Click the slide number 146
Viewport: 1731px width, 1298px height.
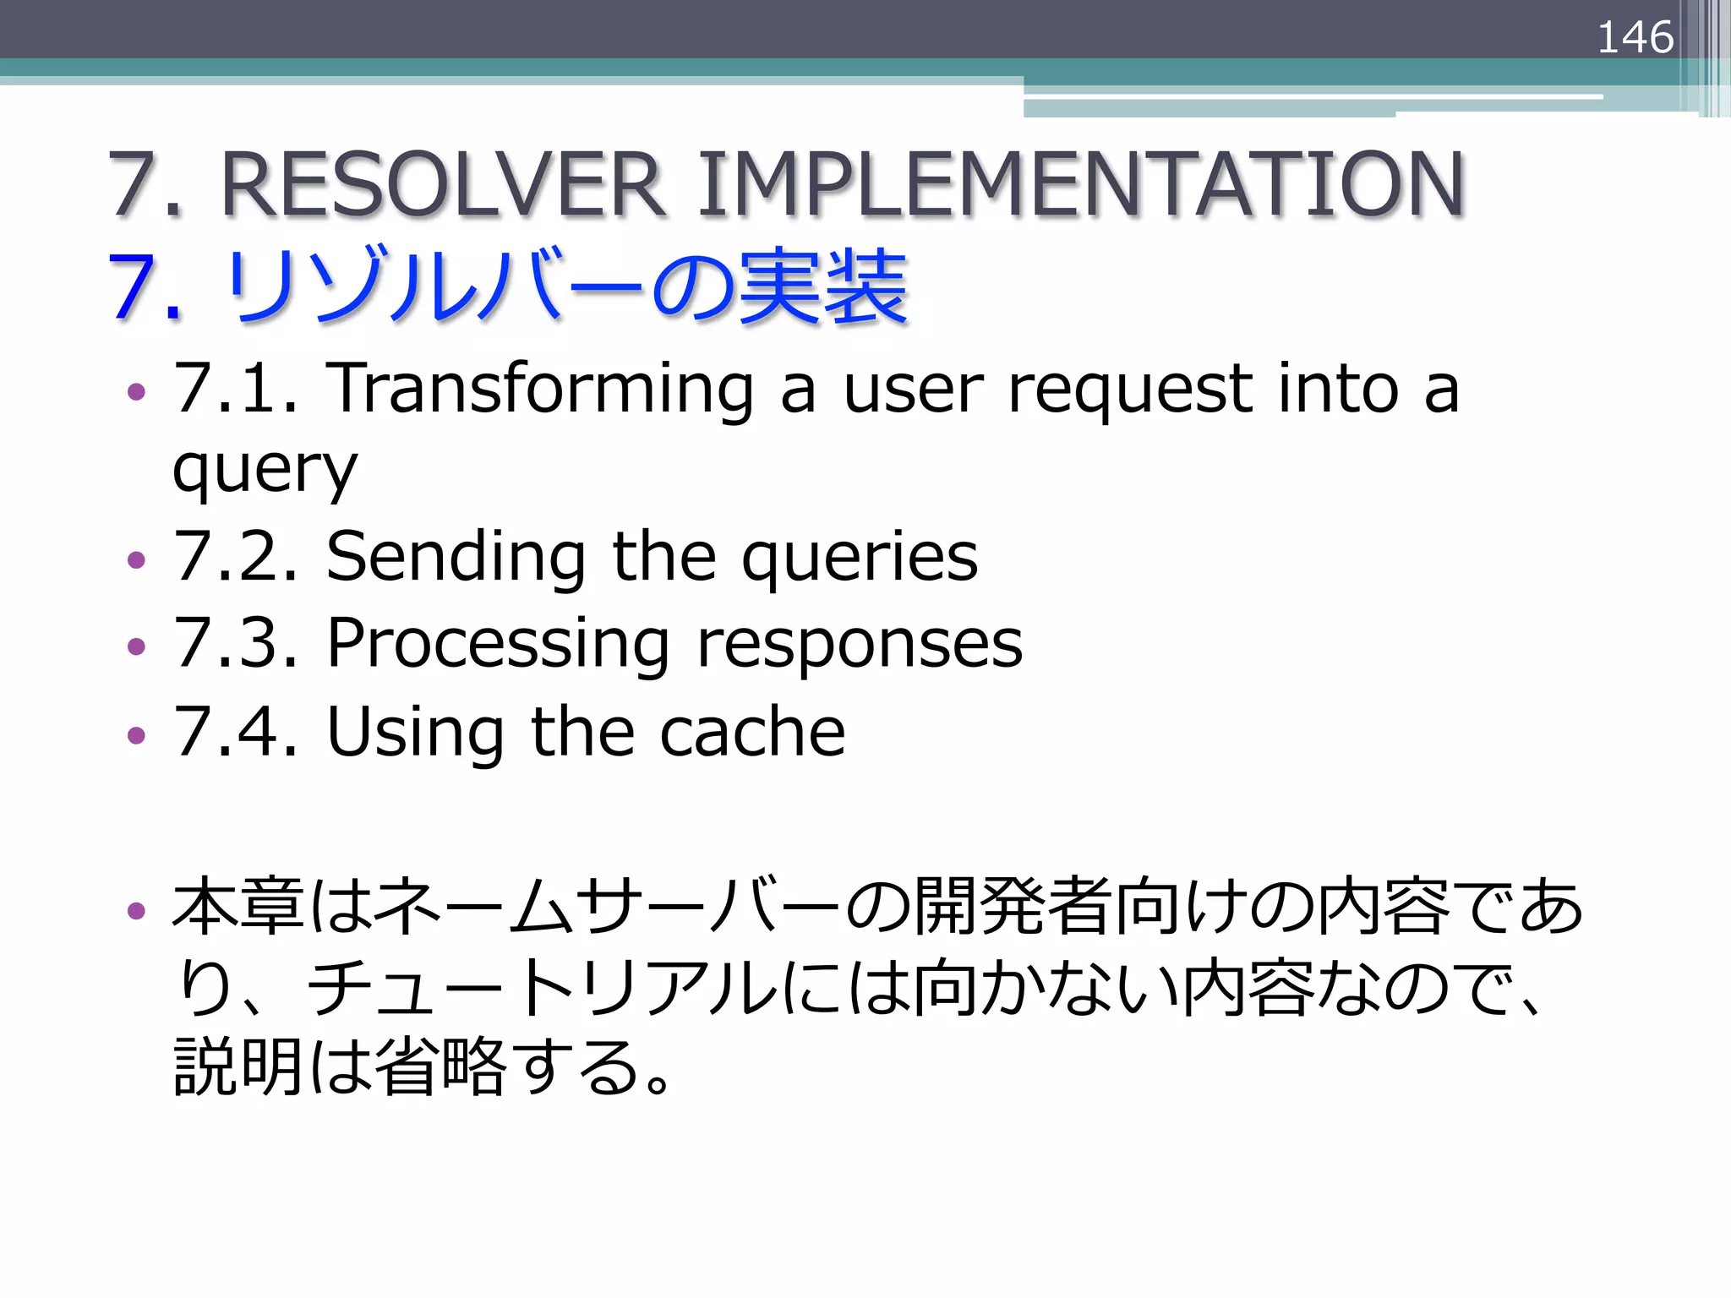click(x=1635, y=38)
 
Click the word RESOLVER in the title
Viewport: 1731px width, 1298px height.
click(x=441, y=184)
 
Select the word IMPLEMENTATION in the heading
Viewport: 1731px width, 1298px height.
click(x=1080, y=184)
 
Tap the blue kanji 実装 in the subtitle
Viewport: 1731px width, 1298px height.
click(x=823, y=287)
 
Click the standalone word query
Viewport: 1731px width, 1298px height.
click(x=265, y=470)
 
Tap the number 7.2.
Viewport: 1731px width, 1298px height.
click(x=236, y=557)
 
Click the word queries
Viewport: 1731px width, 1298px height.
click(x=860, y=557)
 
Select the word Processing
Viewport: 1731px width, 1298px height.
click(x=499, y=644)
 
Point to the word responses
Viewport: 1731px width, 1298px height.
click(x=860, y=644)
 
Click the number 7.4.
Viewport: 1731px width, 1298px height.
click(x=236, y=732)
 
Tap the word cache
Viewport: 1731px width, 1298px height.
click(x=752, y=732)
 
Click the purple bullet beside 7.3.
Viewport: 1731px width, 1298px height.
click(x=136, y=647)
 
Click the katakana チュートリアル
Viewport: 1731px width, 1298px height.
click(x=541, y=987)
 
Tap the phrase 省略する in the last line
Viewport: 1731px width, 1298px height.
click(x=507, y=1066)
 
